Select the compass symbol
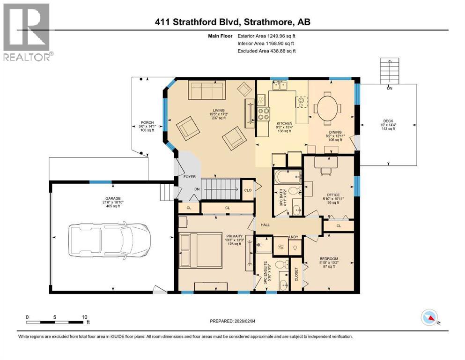tap(428, 318)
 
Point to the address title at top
tap(232, 22)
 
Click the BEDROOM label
tap(329, 259)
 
